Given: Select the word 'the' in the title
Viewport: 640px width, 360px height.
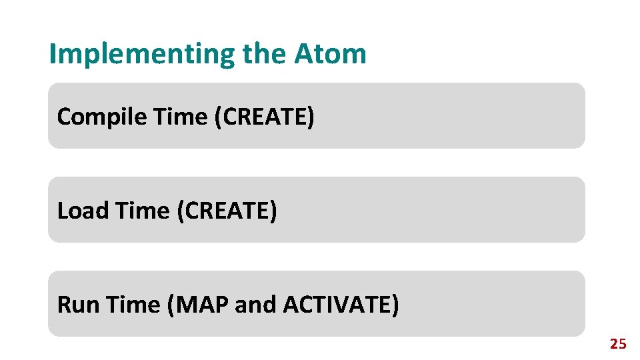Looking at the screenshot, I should coord(265,53).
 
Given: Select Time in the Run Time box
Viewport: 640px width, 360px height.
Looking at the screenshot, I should coord(134,305).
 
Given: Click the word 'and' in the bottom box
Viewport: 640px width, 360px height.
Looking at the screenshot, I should coord(256,305).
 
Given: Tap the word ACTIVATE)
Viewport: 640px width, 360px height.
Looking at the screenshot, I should coord(341,305).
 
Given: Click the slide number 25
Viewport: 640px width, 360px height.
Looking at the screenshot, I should coord(618,344).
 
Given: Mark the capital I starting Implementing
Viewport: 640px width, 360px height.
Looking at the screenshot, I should coord(53,53).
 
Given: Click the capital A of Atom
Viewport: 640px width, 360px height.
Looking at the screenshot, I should coord(303,53).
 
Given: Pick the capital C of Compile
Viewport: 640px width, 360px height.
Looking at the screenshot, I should coord(65,117).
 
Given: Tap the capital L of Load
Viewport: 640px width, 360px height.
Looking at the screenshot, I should coord(62,211).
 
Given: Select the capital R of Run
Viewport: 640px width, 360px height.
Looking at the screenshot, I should coord(64,305).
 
